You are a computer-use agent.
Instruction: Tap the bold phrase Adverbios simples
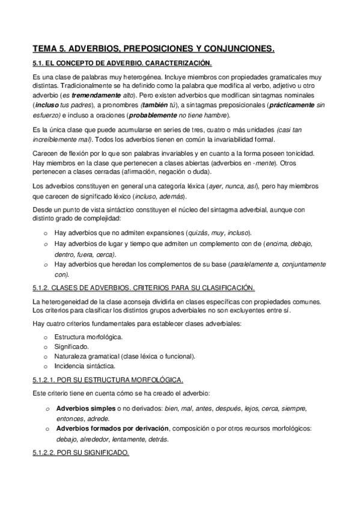click(84, 408)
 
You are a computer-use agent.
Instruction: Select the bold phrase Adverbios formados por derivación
click(112, 428)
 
